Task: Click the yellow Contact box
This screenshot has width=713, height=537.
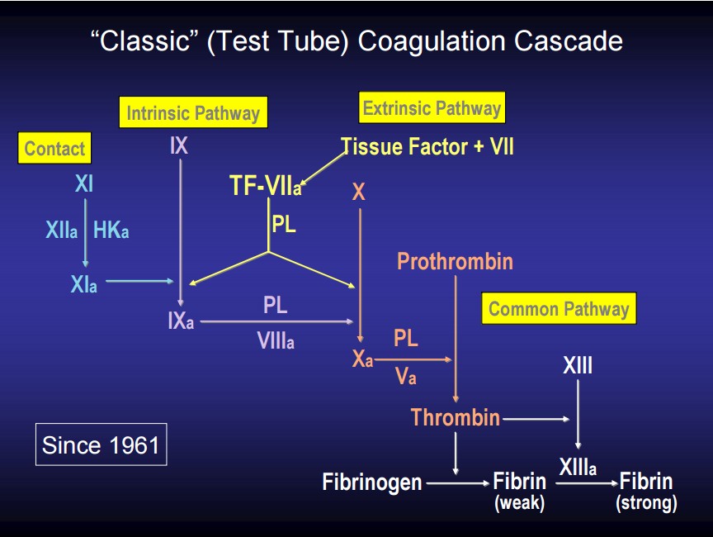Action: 54,149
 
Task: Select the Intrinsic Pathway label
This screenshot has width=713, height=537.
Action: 192,113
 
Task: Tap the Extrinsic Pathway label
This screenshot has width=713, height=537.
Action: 432,108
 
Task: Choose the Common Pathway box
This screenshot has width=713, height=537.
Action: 559,309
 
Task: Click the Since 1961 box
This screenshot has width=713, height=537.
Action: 101,445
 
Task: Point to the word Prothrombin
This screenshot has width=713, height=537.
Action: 455,262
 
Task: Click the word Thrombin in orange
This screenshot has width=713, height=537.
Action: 456,418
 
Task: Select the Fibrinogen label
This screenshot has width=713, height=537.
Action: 372,482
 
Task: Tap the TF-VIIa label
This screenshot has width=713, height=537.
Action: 265,187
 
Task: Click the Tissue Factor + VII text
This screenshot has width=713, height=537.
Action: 427,147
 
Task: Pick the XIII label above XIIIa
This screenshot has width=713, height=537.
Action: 578,365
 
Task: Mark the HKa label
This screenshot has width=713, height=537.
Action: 111,231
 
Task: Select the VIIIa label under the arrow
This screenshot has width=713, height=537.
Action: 276,340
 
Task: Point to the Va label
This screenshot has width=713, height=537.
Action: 405,377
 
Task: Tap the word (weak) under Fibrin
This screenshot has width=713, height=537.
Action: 519,503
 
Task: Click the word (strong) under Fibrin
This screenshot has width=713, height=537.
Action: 646,503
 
